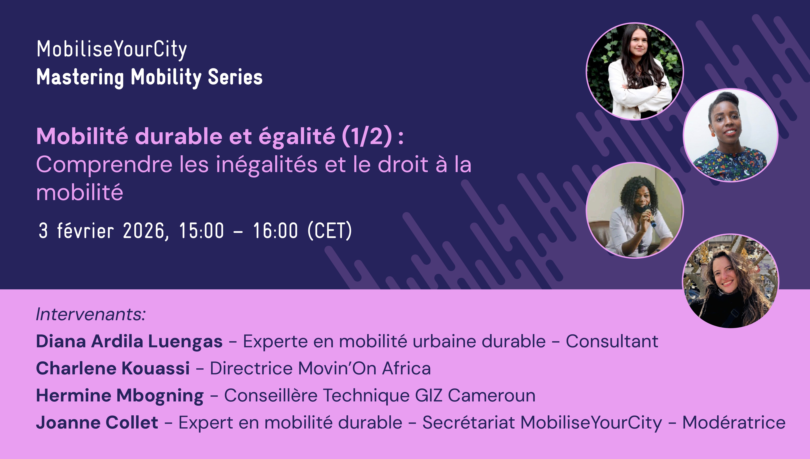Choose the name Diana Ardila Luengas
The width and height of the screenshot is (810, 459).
[129, 341]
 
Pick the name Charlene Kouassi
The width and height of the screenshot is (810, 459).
[113, 368]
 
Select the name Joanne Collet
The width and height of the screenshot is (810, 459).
[97, 422]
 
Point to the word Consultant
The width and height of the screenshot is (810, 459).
[612, 341]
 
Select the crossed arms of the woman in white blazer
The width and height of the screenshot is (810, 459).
[641, 91]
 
